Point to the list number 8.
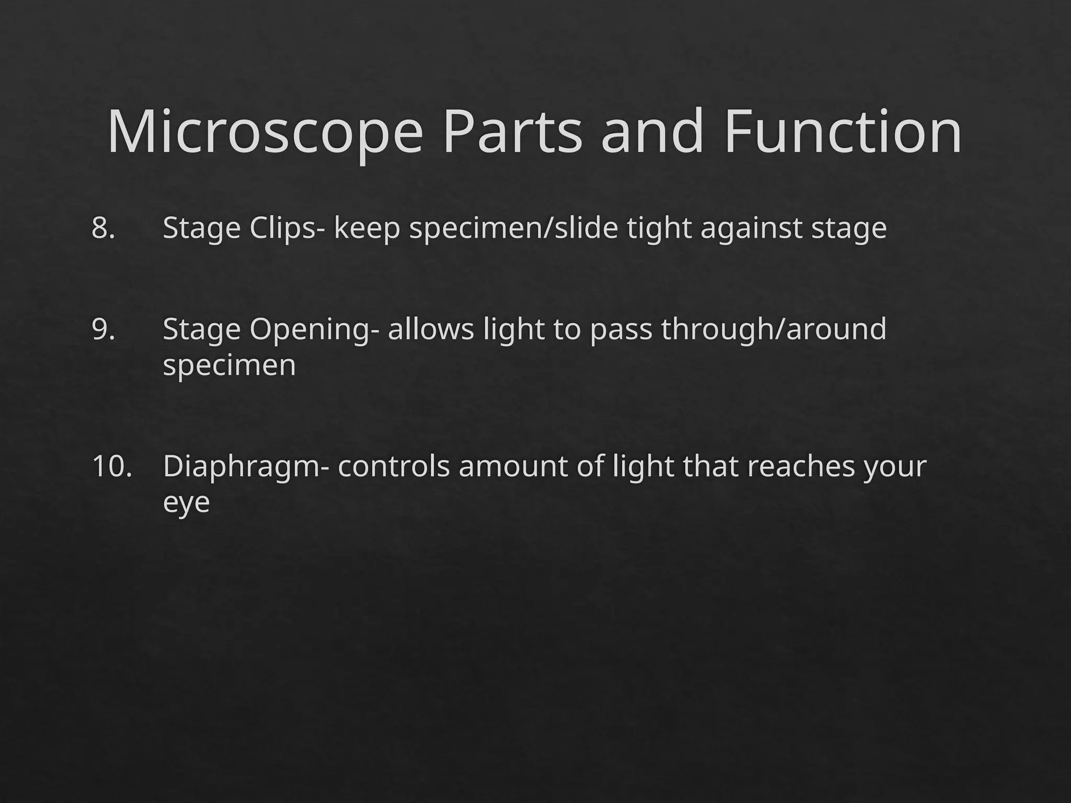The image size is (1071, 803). pos(103,228)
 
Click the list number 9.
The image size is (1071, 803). pos(103,329)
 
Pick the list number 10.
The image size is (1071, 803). pos(112,466)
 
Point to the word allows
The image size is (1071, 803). pos(430,329)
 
